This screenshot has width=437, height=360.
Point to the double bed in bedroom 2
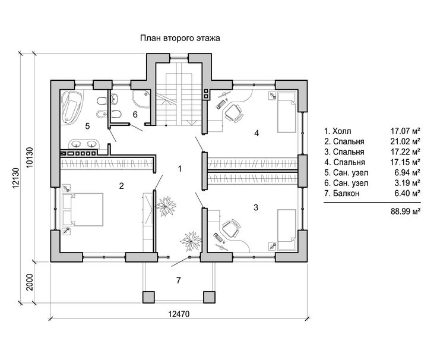coord(83,208)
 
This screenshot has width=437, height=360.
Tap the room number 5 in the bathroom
coord(87,126)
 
